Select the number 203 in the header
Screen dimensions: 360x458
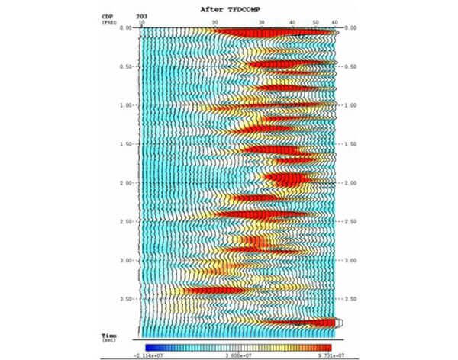coord(141,15)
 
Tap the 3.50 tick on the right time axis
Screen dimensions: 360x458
coord(351,299)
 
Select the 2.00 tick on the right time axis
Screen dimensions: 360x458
coord(351,183)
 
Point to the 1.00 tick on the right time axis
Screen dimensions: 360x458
coord(351,105)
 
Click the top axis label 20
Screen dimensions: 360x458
coord(215,22)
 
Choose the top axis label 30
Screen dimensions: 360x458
coord(262,22)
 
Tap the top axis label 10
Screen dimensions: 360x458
coord(141,22)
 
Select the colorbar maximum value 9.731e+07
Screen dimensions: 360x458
coord(318,355)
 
